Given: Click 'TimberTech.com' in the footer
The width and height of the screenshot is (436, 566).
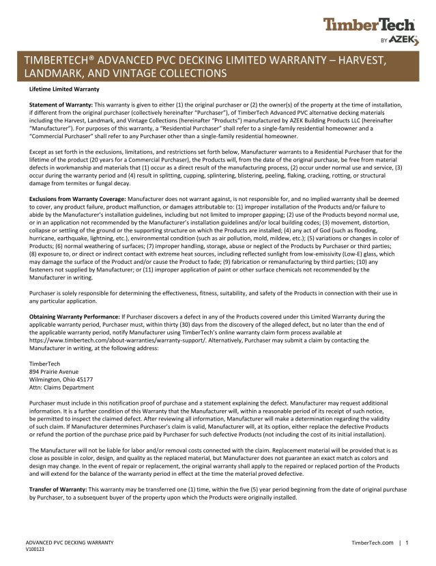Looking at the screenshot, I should pyautogui.click(x=372, y=542).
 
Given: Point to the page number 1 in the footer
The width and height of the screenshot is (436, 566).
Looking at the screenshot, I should pyautogui.click(x=407, y=542).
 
